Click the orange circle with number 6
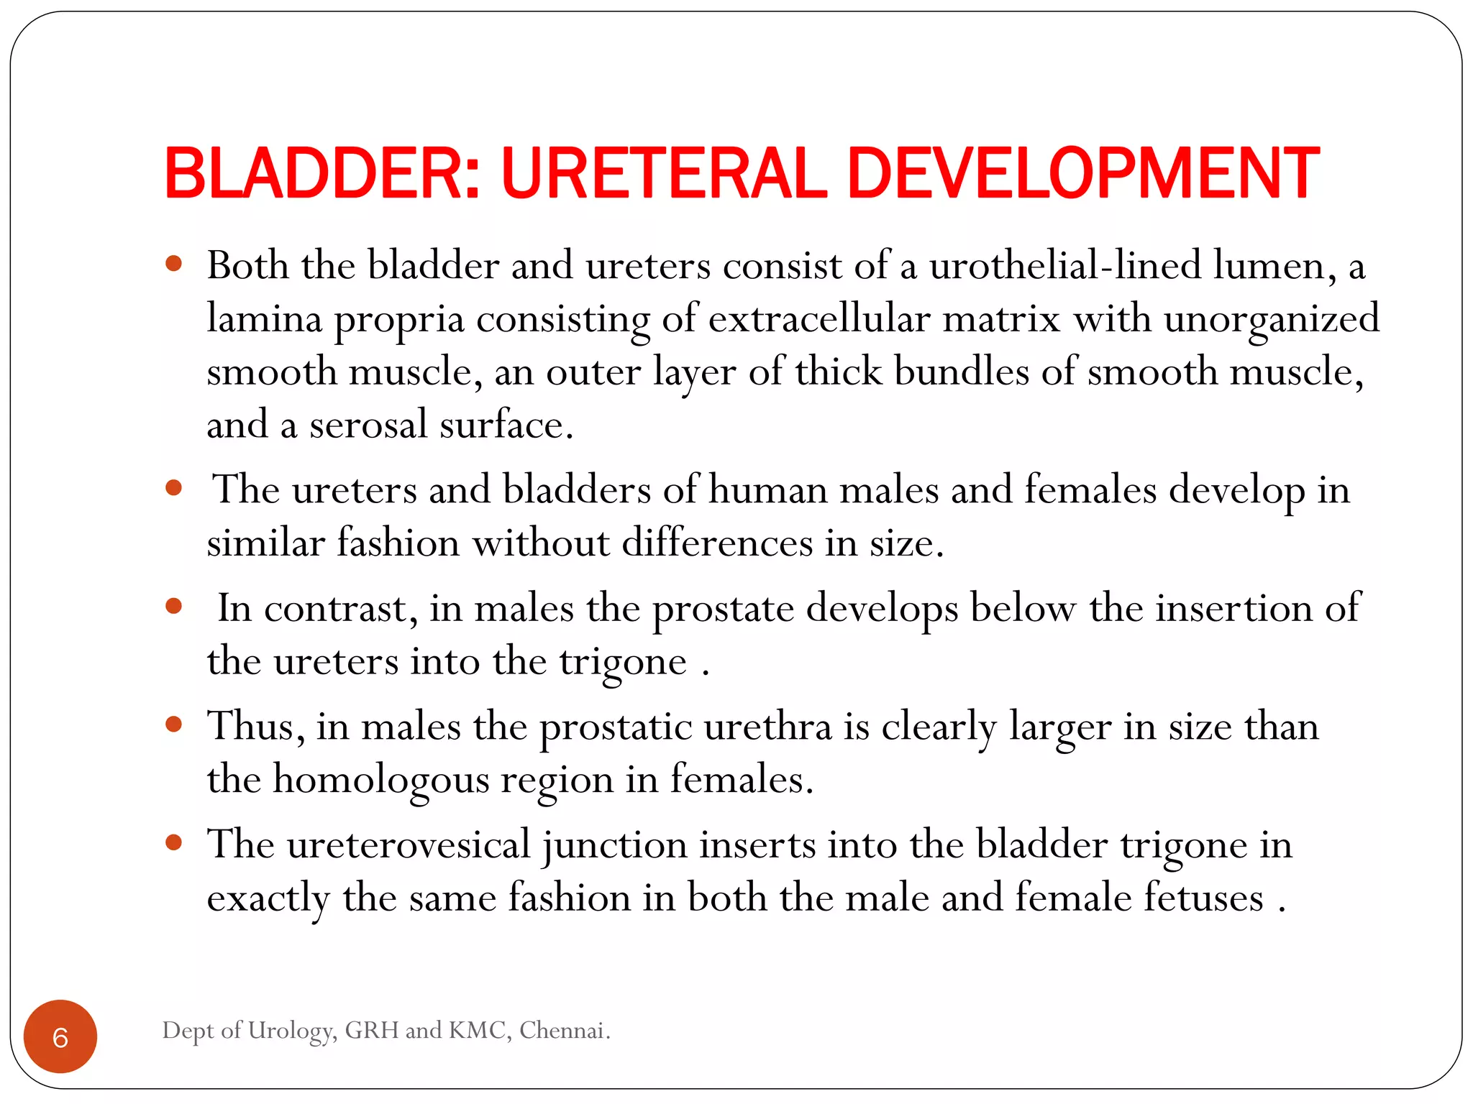click(x=60, y=1036)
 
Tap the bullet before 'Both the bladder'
click(x=173, y=264)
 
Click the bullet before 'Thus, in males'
click(x=173, y=724)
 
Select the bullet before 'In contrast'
click(x=173, y=606)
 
